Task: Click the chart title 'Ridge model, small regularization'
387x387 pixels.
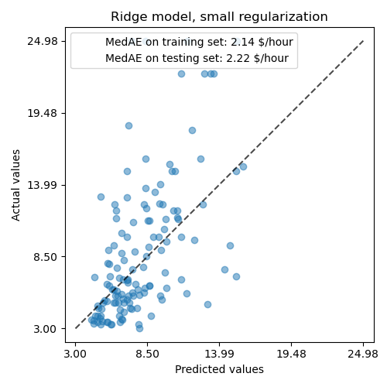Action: (x=219, y=17)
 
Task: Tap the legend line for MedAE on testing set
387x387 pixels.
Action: (x=197, y=58)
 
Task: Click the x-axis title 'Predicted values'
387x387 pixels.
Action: (x=219, y=370)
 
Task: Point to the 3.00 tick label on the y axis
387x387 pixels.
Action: (x=46, y=329)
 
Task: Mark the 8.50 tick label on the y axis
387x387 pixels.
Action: (x=46, y=257)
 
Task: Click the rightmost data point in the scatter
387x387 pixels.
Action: (x=243, y=166)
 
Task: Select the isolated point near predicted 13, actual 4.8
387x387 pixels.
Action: (x=207, y=304)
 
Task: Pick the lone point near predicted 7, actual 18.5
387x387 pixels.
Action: (x=128, y=125)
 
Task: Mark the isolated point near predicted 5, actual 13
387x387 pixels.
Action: (x=101, y=197)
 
